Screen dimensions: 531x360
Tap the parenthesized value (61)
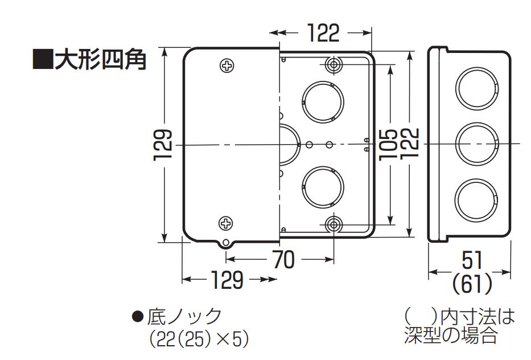[x=472, y=283]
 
